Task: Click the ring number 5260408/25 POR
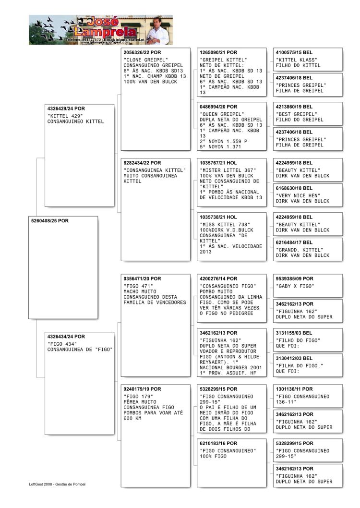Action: click(50, 221)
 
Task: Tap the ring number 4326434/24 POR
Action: click(66, 337)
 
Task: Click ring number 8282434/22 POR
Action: click(143, 163)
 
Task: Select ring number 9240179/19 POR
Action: click(143, 389)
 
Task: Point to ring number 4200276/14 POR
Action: click(218, 278)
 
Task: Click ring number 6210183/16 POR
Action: click(218, 443)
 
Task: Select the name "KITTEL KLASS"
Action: click(297, 60)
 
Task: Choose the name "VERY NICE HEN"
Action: click(298, 195)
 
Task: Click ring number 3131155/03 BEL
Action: click(294, 333)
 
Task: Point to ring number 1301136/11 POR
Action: click(294, 389)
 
